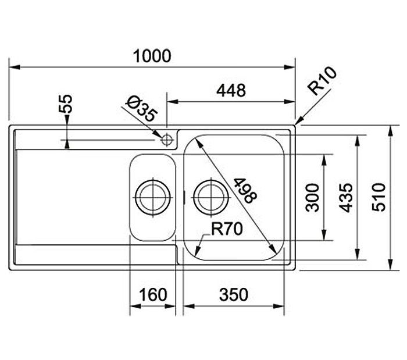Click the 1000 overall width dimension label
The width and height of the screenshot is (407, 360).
(152, 56)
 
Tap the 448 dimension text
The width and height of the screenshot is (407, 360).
(231, 90)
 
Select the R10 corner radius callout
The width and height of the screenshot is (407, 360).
(322, 81)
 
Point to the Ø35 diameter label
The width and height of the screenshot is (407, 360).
(142, 109)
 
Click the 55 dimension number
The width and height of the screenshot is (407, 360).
(65, 104)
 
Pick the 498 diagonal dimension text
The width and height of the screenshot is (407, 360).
(245, 190)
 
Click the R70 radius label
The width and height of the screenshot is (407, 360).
(227, 229)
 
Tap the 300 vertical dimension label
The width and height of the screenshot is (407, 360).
(312, 198)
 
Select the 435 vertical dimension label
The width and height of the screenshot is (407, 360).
(346, 198)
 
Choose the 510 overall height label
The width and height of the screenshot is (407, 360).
(379, 197)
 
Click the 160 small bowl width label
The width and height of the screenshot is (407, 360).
(153, 295)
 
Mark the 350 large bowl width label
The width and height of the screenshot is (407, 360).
(234, 295)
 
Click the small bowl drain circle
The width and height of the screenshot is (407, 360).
(153, 198)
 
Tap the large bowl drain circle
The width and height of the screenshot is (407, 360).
(211, 198)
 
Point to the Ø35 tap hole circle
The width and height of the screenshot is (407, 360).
(167, 140)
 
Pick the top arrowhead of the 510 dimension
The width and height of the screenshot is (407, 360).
(390, 130)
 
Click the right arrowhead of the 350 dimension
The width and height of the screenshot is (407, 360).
(279, 306)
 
